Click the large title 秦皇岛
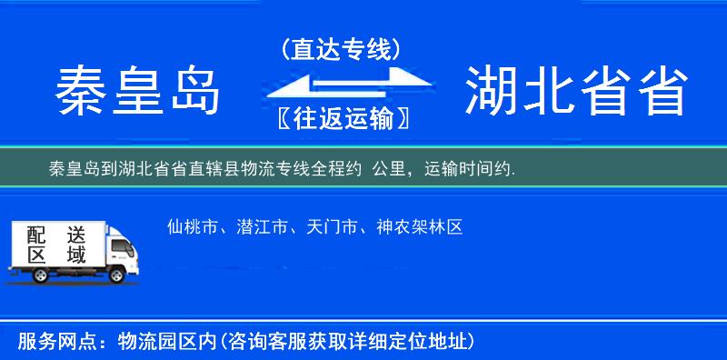139,92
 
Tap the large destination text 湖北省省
574,92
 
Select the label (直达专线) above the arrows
341,50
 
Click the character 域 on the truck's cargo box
76,255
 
